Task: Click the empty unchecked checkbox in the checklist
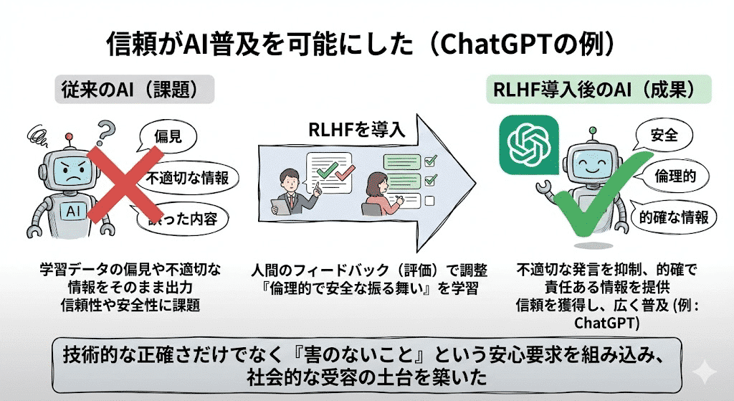[430, 199]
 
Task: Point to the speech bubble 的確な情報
[674, 217]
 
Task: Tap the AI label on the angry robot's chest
[73, 212]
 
